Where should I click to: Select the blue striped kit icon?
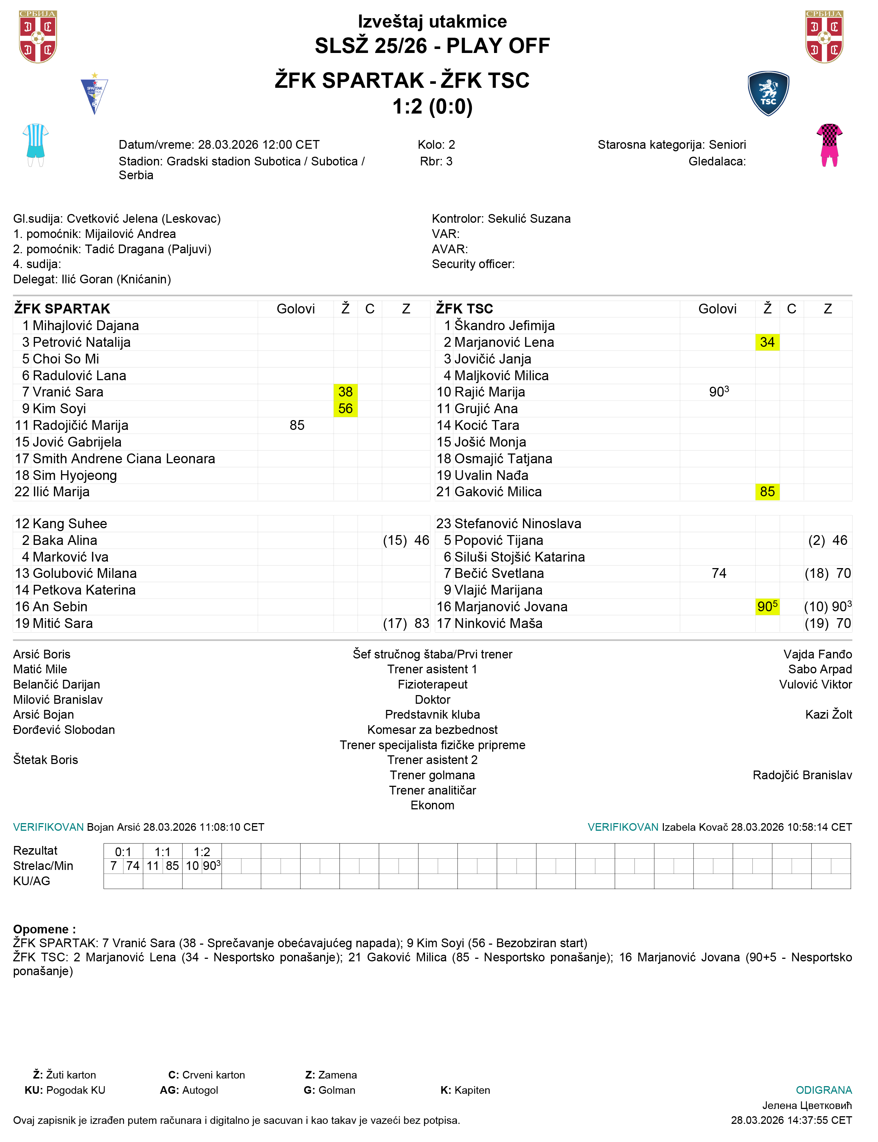click(36, 145)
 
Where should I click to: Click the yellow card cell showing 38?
click(346, 392)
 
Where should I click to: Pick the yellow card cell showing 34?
click(767, 342)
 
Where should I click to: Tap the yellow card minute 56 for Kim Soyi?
click(346, 408)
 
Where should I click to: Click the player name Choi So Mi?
click(66, 359)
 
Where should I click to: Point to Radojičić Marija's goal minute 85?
click(297, 425)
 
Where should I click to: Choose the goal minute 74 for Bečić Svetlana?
click(719, 573)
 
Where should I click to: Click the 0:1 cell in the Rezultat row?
click(123, 851)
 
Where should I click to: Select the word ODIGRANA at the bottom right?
click(823, 1090)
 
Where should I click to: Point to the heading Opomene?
click(44, 929)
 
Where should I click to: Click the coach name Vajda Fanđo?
click(817, 654)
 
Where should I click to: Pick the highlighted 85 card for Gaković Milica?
click(767, 492)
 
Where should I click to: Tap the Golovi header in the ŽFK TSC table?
click(717, 309)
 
